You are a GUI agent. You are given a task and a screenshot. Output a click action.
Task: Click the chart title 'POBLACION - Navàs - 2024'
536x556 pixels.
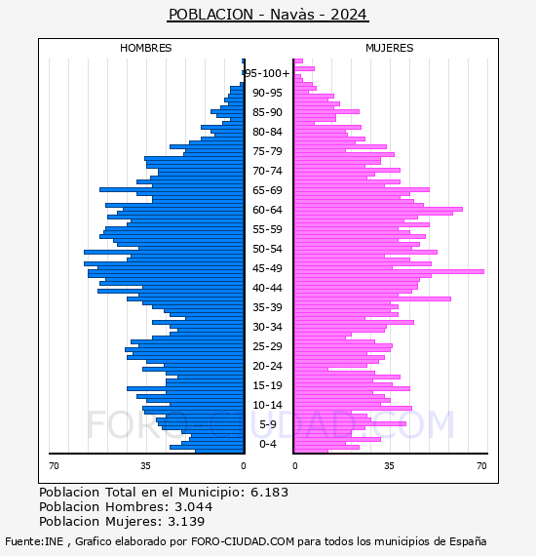pyautogui.click(x=268, y=15)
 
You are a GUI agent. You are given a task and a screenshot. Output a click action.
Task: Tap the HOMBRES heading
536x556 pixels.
pyautogui.click(x=145, y=48)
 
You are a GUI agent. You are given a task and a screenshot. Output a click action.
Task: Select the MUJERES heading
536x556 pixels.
pyautogui.click(x=390, y=48)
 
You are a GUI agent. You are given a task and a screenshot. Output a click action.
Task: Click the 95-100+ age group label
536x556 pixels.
pyautogui.click(x=268, y=73)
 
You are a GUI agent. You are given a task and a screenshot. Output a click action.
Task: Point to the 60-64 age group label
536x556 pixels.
pyautogui.click(x=267, y=210)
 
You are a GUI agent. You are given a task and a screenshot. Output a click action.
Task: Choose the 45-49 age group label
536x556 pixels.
pyautogui.click(x=267, y=268)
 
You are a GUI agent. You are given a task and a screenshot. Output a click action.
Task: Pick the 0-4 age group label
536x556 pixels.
pyautogui.click(x=267, y=444)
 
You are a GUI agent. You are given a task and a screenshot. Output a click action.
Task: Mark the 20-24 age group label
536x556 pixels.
pyautogui.click(x=267, y=366)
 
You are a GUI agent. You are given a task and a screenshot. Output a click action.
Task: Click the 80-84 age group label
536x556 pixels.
pyautogui.click(x=267, y=132)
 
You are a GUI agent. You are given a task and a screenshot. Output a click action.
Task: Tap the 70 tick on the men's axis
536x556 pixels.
pyautogui.click(x=54, y=465)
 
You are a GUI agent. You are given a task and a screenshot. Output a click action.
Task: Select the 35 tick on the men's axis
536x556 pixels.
pyautogui.click(x=145, y=465)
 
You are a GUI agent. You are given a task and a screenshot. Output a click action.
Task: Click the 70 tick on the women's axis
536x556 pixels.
pyautogui.click(x=481, y=465)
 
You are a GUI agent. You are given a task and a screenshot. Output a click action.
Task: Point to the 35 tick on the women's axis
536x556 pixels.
pyautogui.click(x=389, y=465)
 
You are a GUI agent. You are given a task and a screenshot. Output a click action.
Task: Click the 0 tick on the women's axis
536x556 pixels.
pyautogui.click(x=295, y=465)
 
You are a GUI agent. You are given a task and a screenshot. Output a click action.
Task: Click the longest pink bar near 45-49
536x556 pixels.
pyautogui.click(x=389, y=271)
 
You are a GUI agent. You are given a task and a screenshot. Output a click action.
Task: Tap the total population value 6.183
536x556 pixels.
pyautogui.click(x=269, y=493)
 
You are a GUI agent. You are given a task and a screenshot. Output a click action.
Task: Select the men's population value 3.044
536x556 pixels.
pyautogui.click(x=193, y=506)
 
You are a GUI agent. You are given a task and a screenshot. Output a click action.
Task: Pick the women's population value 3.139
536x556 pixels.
pyautogui.click(x=186, y=521)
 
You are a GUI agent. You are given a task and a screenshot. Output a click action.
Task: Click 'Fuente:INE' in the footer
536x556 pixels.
pyautogui.click(x=34, y=541)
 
